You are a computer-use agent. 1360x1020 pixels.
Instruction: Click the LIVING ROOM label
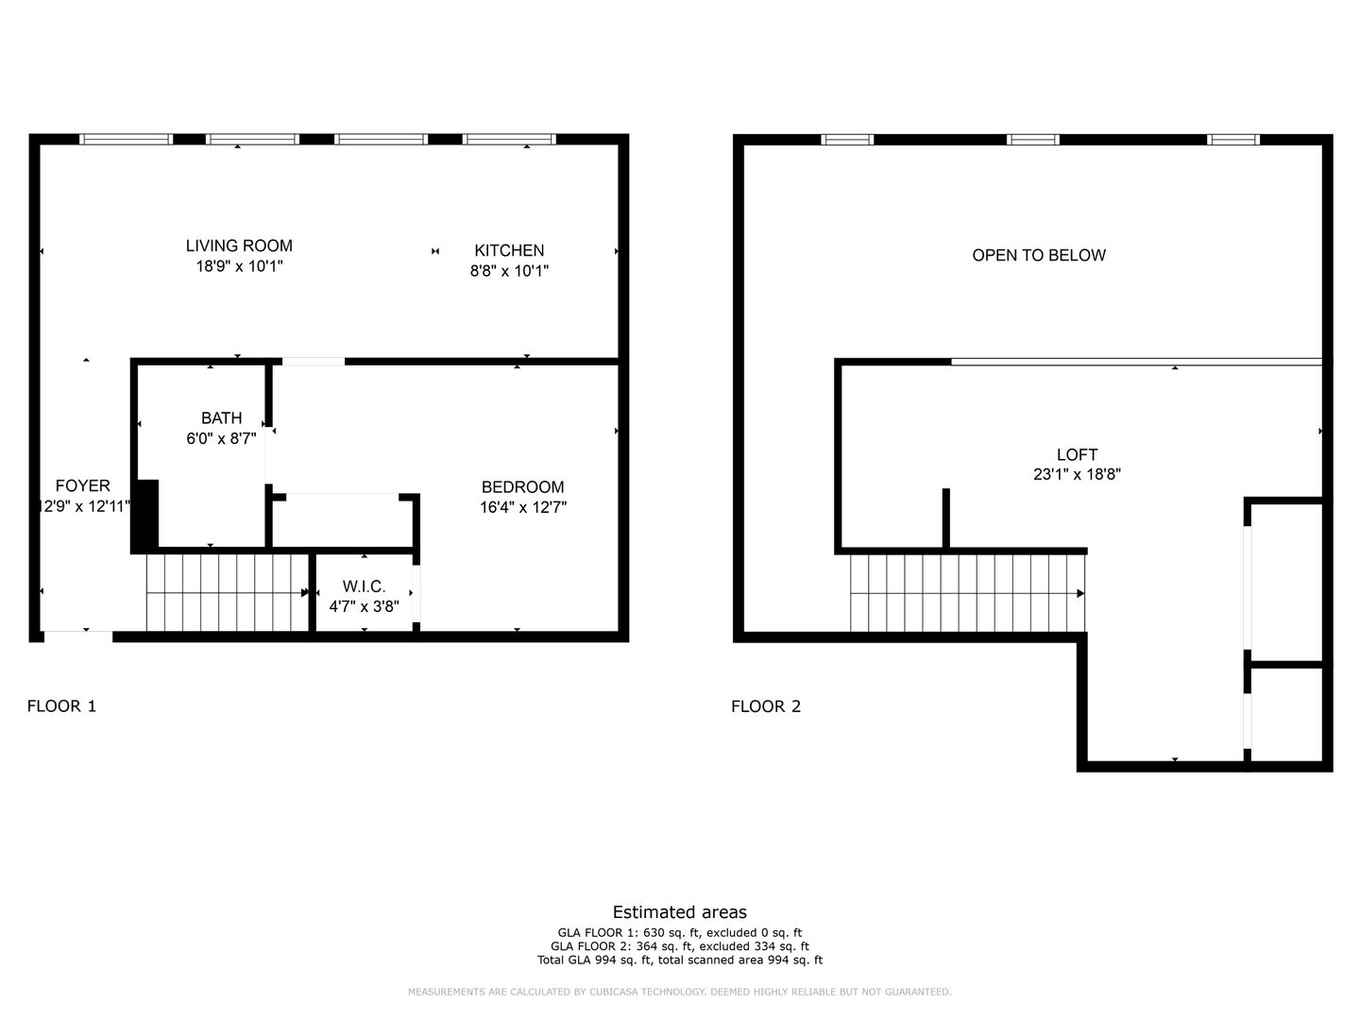coord(239,246)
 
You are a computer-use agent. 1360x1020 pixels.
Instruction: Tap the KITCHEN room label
coord(509,250)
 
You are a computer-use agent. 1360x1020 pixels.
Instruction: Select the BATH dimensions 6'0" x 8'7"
coord(221,438)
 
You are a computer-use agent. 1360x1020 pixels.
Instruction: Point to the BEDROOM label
coord(523,486)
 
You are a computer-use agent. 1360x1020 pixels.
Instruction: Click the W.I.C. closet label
coord(365,586)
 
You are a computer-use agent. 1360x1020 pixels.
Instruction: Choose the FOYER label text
coord(82,485)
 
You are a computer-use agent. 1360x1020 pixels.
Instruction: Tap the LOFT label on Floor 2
coord(1078,454)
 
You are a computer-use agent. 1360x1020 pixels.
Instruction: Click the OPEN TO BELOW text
coord(1039,255)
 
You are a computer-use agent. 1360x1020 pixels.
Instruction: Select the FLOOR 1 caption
coord(62,706)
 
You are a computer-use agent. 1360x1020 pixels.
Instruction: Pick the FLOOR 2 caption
coord(766,706)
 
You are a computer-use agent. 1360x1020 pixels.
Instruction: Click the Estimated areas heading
coord(680,912)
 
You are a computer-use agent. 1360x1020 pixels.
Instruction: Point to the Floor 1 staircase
coord(228,593)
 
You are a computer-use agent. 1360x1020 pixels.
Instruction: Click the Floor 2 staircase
coord(968,593)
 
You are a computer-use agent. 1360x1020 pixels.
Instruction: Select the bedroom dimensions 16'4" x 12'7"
coord(523,507)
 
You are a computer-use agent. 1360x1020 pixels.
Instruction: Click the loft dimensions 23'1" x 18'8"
coord(1078,474)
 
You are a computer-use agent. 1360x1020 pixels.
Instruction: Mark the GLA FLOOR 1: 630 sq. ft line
coord(680,933)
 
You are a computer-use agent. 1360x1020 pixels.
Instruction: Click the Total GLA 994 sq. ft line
coord(680,960)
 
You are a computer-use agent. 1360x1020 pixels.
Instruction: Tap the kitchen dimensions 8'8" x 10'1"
coord(509,271)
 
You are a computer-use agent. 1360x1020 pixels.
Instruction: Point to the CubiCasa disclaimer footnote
coord(680,992)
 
